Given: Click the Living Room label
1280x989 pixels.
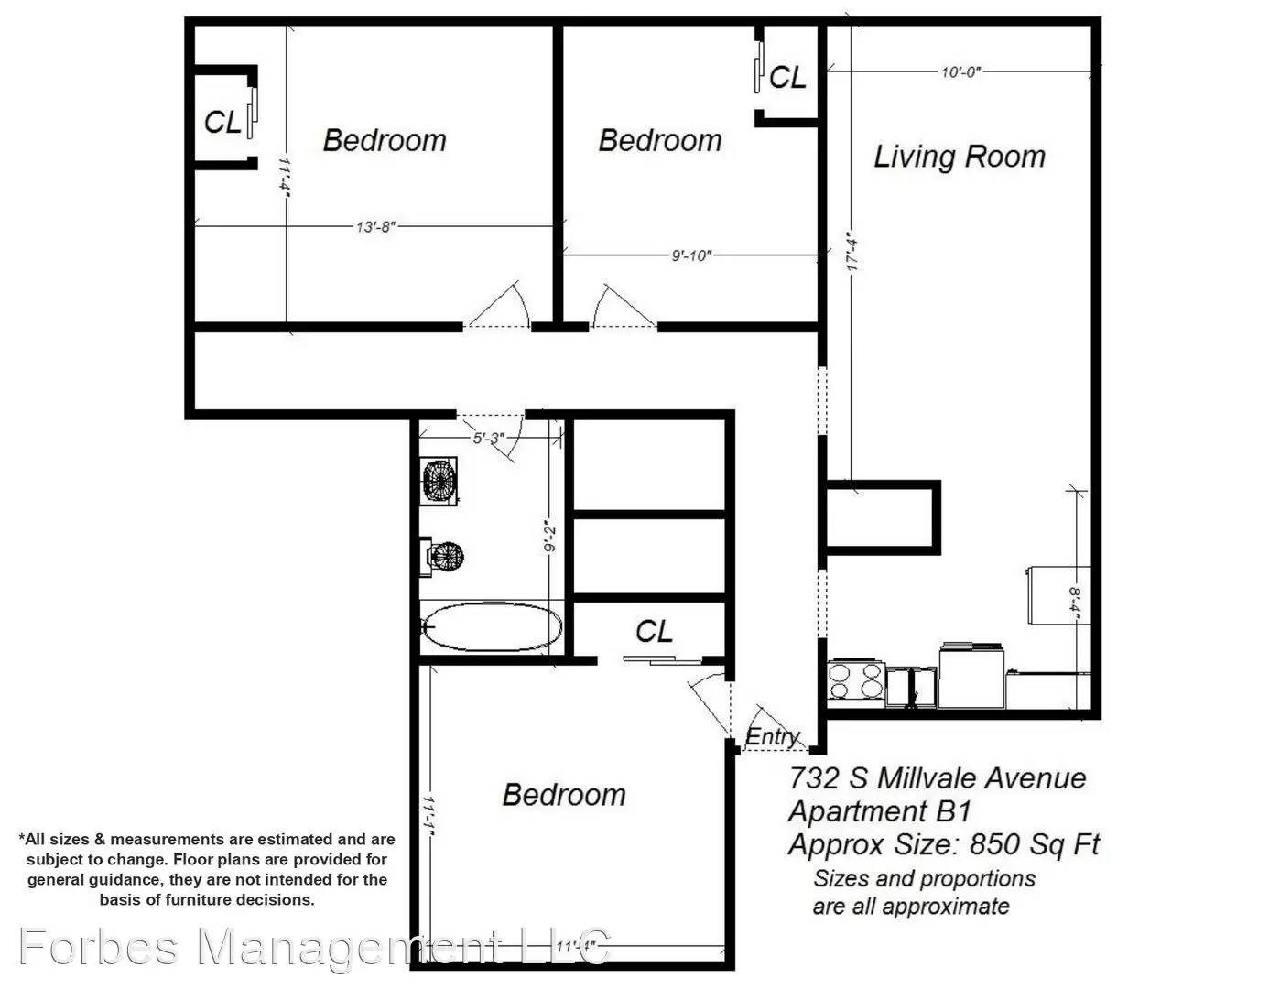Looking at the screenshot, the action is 959,157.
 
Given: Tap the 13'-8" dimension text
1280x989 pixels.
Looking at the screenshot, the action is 375,227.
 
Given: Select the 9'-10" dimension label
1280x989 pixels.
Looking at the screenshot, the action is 692,255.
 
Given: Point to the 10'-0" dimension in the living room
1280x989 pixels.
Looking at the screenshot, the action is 960,71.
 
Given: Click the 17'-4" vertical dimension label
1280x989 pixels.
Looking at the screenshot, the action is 852,255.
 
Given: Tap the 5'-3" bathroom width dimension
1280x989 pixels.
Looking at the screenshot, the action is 489,439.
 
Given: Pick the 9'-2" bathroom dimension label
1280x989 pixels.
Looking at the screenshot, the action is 551,536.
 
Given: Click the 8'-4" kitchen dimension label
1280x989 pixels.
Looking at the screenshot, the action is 1074,603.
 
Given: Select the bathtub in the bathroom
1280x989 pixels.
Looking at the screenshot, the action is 493,626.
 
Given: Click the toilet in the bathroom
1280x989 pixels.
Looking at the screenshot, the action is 442,556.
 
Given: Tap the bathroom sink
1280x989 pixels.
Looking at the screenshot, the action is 439,481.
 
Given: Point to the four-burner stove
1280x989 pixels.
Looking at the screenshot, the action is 856,681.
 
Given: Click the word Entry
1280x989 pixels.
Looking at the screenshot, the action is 772,737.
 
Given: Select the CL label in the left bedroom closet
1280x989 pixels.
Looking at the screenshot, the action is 222,123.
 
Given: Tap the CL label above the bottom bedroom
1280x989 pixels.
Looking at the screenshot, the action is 654,632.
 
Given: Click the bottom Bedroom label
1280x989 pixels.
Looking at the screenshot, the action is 564,795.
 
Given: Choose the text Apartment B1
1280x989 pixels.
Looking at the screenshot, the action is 880,811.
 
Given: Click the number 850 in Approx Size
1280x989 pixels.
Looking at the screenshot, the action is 993,844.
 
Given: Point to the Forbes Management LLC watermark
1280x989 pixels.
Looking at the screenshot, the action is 314,947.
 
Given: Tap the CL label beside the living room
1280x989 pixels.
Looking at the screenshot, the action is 787,77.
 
